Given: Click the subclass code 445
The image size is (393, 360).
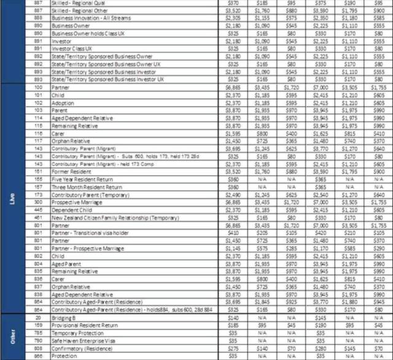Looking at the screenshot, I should click(x=39, y=210).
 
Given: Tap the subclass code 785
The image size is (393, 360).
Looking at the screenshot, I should click(x=39, y=332).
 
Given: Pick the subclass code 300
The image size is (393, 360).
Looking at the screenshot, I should click(x=39, y=202).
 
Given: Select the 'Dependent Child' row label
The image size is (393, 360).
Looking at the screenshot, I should click(x=69, y=210).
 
